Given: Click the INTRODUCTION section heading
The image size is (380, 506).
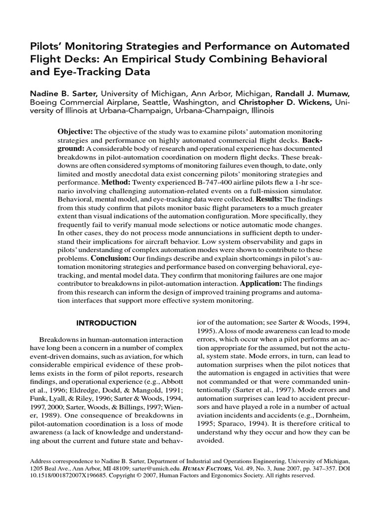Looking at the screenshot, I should pos(106,323).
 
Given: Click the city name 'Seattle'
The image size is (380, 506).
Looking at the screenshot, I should pos(140,103).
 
